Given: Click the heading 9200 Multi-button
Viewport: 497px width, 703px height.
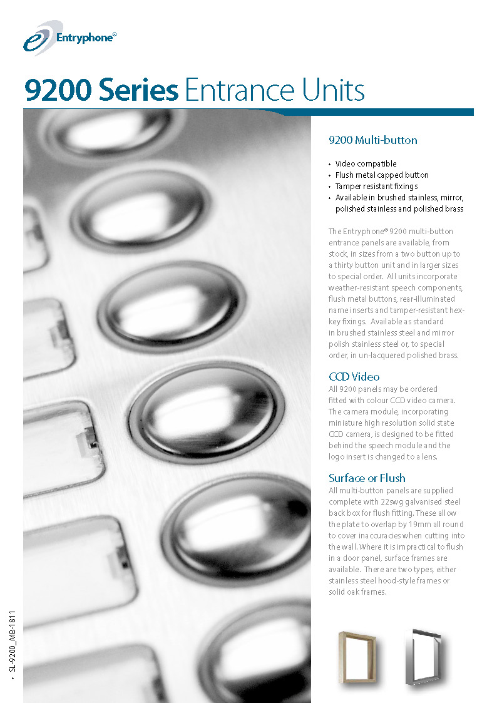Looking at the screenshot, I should (x=372, y=140).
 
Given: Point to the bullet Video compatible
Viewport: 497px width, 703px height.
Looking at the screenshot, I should (x=366, y=164).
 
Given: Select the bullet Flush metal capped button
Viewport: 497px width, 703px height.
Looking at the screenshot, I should (x=382, y=175).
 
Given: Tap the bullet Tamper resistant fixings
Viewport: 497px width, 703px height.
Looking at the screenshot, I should (x=376, y=187).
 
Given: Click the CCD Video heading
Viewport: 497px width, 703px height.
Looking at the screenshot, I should (x=354, y=377).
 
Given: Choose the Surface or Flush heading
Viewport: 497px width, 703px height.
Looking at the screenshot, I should (x=367, y=478).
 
